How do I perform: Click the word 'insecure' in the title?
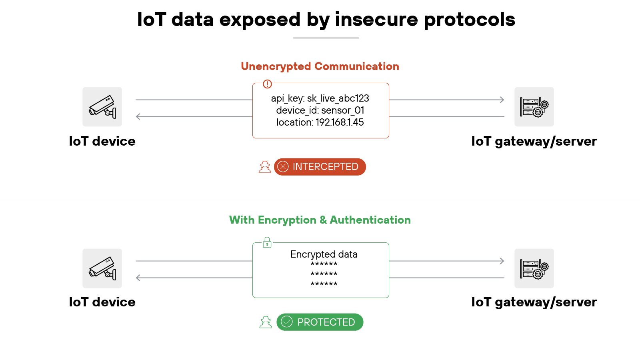point(376,20)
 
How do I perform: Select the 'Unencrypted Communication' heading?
point(320,66)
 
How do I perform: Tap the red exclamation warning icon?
point(267,84)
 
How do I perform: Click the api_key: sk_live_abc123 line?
point(320,98)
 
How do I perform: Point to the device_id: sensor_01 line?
point(320,110)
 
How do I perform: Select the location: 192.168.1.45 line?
point(320,122)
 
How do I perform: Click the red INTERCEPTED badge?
point(320,167)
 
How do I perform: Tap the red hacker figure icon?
point(265,167)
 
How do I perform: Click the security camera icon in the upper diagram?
point(102,107)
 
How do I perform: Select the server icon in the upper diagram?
point(534,107)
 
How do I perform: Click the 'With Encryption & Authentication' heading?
point(320,220)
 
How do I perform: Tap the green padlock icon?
point(267,242)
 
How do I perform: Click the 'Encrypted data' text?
point(324,254)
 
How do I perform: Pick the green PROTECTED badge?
point(320,322)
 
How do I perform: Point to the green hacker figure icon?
point(266,322)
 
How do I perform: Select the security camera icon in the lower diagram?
point(102,268)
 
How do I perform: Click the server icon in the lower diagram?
point(534,268)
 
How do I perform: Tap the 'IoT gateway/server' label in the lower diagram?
point(534,302)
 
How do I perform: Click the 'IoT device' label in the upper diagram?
point(102,141)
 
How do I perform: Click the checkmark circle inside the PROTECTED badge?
point(287,322)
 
